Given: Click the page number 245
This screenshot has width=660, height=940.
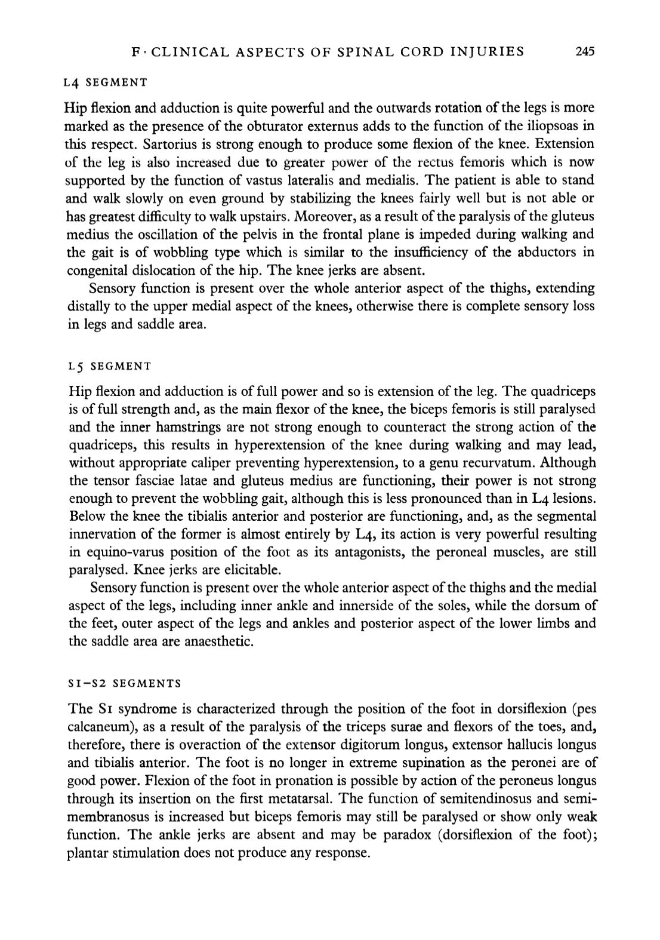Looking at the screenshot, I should (585, 51).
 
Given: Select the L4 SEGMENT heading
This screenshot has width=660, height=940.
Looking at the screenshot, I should (105, 81).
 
